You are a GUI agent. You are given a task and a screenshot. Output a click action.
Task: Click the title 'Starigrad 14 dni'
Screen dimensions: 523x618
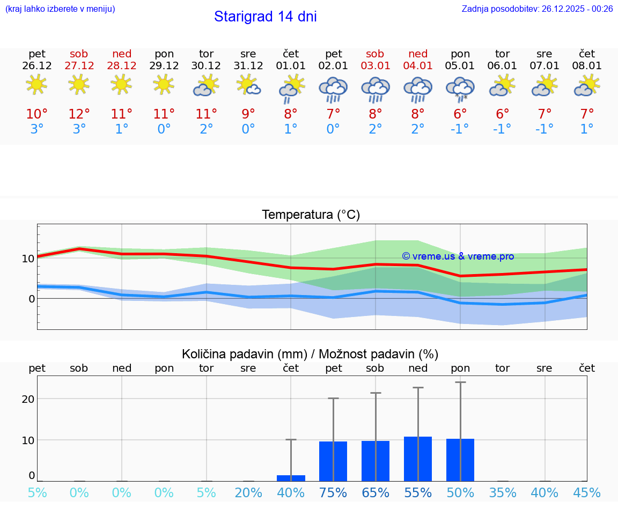point(265,17)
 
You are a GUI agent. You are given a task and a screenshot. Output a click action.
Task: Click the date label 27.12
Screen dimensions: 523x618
point(79,66)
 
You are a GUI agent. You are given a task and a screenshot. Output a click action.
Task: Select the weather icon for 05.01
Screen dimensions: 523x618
point(460,87)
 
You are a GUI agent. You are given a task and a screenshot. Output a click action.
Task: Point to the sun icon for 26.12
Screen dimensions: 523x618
point(36,85)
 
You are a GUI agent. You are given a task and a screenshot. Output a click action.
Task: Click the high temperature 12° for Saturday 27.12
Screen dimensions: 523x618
point(79,114)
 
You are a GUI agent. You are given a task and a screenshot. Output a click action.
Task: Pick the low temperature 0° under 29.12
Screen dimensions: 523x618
point(164,129)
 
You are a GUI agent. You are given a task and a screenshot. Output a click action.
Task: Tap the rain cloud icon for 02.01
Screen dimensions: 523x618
point(333,89)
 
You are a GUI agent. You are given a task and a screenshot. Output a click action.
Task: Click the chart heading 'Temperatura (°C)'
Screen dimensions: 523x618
point(311,215)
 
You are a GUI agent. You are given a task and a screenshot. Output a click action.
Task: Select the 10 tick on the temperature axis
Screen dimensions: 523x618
point(28,258)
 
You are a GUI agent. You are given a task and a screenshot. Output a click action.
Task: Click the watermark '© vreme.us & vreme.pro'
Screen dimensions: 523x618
point(458,256)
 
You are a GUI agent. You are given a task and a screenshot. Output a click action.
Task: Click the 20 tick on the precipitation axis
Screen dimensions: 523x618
point(28,399)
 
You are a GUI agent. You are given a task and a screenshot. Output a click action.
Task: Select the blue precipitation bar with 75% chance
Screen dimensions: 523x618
point(333,461)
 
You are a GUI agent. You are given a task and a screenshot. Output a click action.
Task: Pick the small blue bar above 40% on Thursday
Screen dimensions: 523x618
point(291,478)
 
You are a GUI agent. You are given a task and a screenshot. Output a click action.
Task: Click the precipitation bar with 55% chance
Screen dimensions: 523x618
point(418,459)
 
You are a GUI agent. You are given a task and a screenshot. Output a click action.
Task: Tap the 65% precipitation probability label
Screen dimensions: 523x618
point(375,493)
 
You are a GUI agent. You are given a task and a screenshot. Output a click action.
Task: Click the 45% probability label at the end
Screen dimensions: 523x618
point(587,493)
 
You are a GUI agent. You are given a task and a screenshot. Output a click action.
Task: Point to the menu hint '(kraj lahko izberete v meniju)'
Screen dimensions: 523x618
point(60,9)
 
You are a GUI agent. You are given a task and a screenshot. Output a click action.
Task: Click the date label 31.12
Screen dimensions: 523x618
point(248,66)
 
